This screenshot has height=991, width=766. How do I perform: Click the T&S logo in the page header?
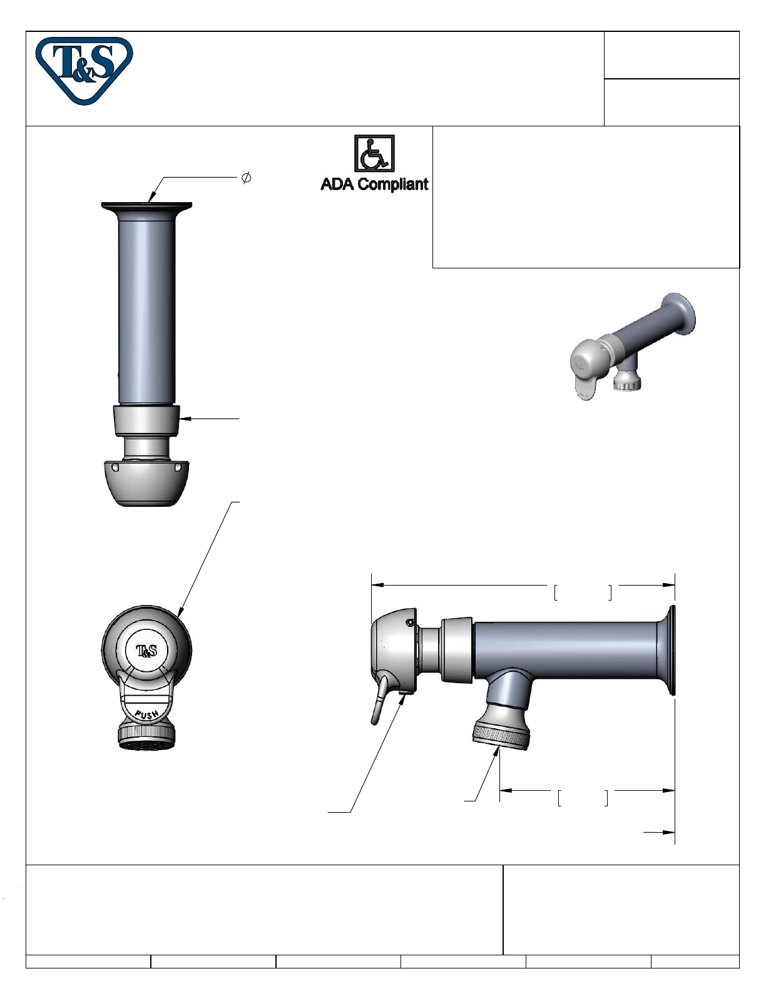84,70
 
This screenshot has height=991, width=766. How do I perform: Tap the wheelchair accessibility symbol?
374,153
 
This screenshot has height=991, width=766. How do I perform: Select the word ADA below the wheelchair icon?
337,184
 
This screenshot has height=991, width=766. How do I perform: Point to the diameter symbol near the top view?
246,178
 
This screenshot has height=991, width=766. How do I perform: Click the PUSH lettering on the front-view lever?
147,714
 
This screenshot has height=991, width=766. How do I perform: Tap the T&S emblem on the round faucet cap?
146,651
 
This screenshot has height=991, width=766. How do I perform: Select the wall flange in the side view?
666,650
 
